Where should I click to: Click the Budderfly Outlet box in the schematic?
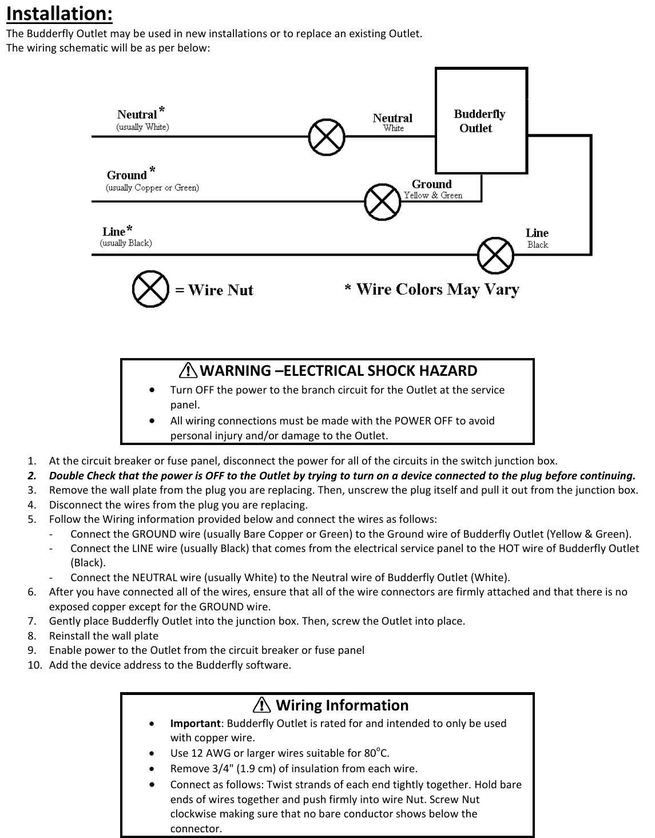(x=481, y=121)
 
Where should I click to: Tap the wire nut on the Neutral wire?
(x=327, y=137)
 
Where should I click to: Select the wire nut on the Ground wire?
(x=383, y=201)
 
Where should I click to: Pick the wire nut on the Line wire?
(x=495, y=255)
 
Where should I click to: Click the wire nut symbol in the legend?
(x=150, y=290)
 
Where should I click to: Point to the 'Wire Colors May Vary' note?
(x=432, y=289)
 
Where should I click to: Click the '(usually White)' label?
(x=142, y=127)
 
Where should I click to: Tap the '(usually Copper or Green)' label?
(x=153, y=188)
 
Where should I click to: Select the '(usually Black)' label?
(x=126, y=243)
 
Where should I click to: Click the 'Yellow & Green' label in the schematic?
(x=433, y=195)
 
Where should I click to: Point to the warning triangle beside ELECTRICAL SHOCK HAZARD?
(x=188, y=371)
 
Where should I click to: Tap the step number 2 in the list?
(x=31, y=476)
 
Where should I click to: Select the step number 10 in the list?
(x=35, y=665)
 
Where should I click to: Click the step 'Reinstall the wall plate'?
(x=104, y=636)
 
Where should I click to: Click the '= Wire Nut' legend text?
(x=214, y=290)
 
